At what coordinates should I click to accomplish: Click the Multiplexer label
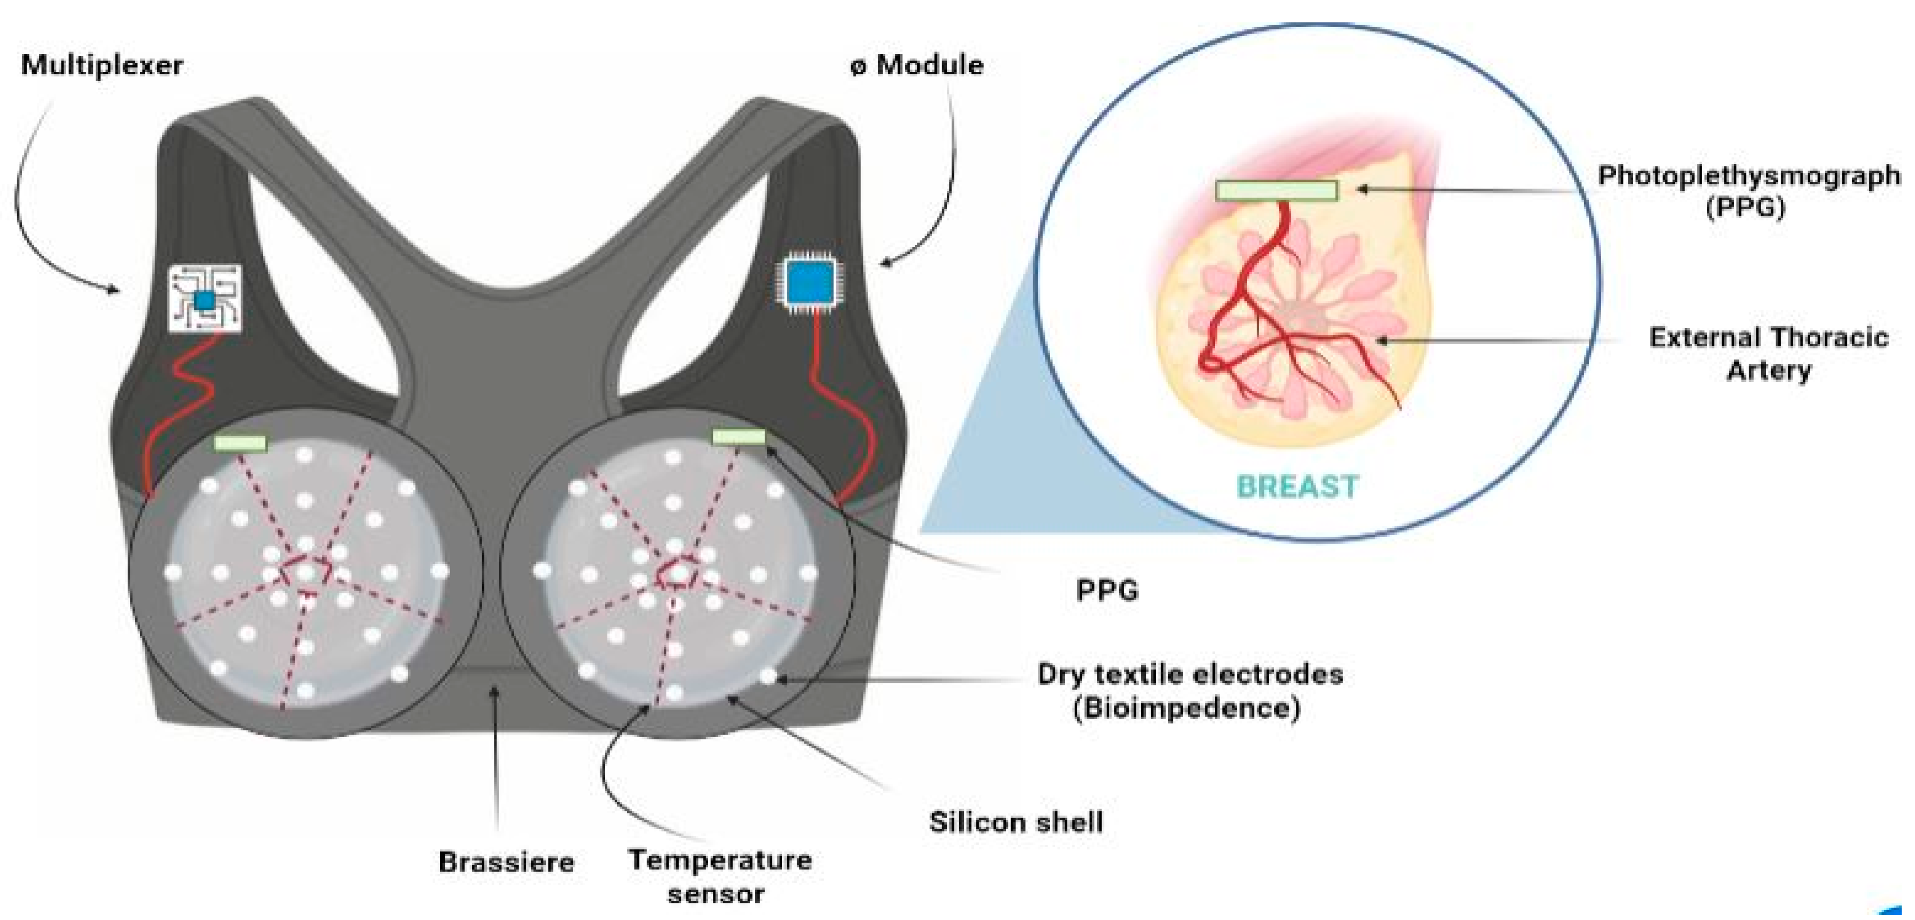point(102,65)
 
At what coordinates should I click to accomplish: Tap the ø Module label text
point(917,65)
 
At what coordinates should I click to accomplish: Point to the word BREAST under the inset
point(1297,487)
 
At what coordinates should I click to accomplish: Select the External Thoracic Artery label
point(1768,354)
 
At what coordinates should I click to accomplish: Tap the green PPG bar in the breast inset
point(1276,191)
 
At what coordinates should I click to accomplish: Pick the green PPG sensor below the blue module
point(738,437)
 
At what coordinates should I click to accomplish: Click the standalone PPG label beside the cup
point(1107,591)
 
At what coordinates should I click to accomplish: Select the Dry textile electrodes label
point(1190,675)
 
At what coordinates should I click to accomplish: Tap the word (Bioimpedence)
point(1186,708)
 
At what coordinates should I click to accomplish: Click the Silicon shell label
point(1015,822)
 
